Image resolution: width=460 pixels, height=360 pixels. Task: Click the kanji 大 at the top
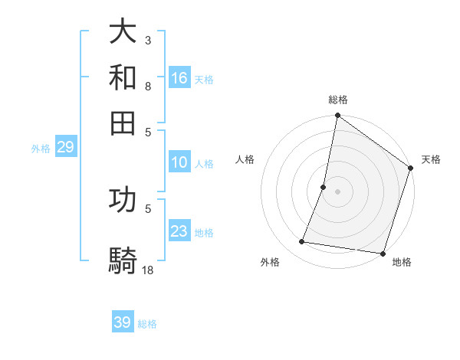coord(123,32)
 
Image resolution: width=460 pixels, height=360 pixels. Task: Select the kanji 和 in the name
coord(123,77)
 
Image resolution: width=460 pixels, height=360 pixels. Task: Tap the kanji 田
coord(123,123)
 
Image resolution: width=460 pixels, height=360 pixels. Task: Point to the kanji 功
coord(123,200)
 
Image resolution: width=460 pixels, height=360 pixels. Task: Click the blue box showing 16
coord(179,77)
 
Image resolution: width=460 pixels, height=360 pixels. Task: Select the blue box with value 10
coord(179,162)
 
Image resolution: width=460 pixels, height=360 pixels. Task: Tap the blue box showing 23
coord(179,231)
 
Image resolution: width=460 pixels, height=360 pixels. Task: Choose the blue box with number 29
coord(65,147)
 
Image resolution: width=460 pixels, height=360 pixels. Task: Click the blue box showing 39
coord(123,322)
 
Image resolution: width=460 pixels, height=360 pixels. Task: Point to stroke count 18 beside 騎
coord(148,270)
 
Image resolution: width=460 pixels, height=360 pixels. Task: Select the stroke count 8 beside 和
coord(147,86)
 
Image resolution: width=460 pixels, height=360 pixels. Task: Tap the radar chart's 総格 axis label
coord(338,100)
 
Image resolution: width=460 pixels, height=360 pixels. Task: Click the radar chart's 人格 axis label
coord(245,159)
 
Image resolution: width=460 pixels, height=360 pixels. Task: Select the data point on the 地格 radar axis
coord(383,253)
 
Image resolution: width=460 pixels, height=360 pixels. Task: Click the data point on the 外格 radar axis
coord(302,242)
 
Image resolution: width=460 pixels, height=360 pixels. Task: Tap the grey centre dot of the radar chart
coord(337,191)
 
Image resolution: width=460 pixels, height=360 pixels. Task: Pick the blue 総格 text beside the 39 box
coord(147,324)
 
